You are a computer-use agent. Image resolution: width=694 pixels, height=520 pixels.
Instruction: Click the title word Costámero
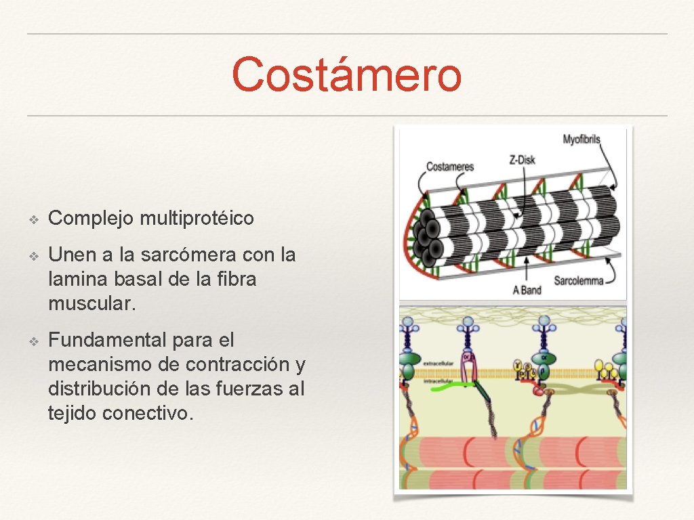coord(347,75)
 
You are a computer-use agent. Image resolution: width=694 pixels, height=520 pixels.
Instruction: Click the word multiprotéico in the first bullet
coord(197,218)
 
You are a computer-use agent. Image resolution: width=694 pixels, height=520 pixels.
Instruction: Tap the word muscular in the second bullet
coord(92,303)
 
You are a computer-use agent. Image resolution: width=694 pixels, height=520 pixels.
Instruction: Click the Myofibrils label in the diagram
coord(581,139)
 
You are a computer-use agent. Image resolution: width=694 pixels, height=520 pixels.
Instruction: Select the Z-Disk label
coord(522,160)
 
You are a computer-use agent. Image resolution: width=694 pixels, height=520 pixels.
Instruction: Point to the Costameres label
coord(449,167)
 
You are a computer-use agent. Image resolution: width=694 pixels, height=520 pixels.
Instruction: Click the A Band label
coord(527,290)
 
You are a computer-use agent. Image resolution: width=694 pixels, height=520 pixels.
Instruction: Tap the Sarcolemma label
coord(578,280)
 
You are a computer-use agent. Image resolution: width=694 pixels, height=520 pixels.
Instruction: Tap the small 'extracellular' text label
coord(438,364)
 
